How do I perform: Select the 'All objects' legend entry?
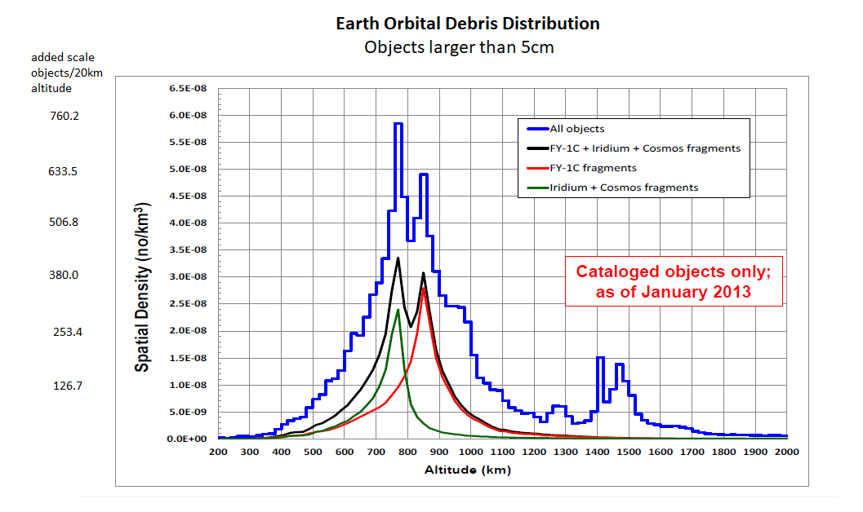577,129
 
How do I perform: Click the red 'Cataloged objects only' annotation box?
674,281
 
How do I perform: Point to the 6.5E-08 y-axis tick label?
187,89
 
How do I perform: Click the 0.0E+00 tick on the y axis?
187,439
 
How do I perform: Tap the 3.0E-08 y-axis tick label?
187,277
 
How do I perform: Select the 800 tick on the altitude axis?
407,452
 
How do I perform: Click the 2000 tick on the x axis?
786,452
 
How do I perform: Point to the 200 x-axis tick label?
218,452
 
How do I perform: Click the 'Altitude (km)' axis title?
468,470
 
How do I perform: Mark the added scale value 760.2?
65,117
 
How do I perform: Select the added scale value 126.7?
67,386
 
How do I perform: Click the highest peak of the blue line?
398,124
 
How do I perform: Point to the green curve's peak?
398,310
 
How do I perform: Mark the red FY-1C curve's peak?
423,288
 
